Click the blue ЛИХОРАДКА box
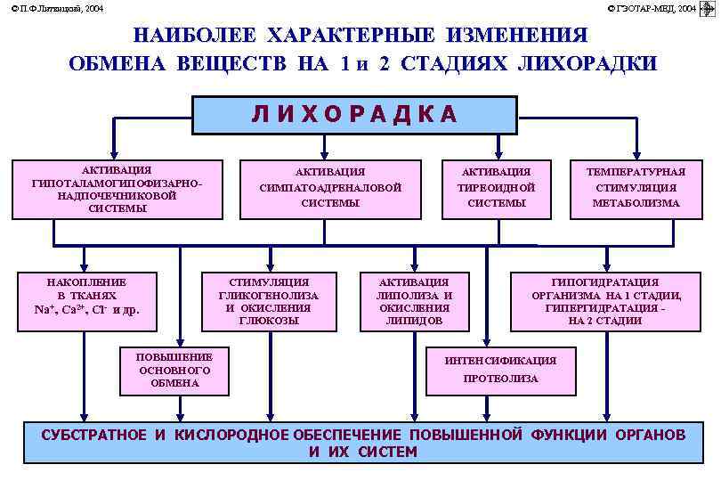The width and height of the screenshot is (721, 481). [355, 114]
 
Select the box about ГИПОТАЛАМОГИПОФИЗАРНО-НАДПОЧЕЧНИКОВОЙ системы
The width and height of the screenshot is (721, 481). [117, 189]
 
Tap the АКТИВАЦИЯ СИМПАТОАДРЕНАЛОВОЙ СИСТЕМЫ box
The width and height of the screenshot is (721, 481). [330, 189]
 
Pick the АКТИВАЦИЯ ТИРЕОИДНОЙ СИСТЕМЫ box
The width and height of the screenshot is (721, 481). [497, 189]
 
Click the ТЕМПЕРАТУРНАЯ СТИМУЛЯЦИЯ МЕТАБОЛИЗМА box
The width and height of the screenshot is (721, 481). [636, 189]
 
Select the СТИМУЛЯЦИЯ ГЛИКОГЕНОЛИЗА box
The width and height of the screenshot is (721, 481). [268, 301]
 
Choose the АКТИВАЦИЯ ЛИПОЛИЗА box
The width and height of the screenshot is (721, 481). [414, 301]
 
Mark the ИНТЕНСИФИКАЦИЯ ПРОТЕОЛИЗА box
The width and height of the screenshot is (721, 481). [501, 370]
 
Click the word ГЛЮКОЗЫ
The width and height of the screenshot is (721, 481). [268, 321]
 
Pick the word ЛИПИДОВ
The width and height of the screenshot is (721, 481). [414, 321]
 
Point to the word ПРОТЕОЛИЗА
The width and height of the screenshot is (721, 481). [501, 379]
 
